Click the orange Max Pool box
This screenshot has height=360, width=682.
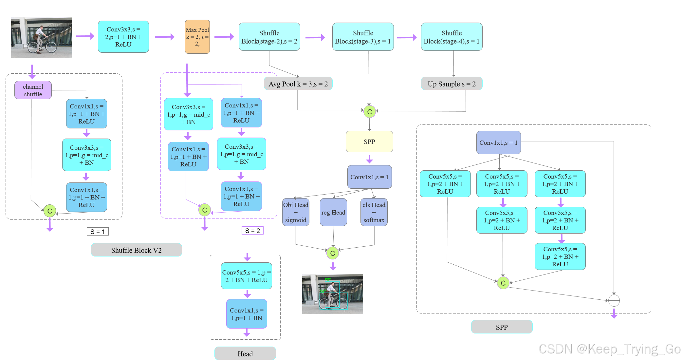click(197, 37)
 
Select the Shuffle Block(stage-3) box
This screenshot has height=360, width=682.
click(363, 37)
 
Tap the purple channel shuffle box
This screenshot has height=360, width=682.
click(33, 90)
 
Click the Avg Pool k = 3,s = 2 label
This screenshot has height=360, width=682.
click(298, 84)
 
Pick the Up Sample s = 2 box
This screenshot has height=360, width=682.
click(452, 84)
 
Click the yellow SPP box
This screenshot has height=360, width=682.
click(369, 142)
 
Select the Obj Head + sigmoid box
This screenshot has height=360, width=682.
click(296, 212)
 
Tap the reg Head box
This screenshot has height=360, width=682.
click(333, 212)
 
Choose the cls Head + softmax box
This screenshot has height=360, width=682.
click(374, 212)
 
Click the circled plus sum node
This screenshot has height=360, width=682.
click(614, 300)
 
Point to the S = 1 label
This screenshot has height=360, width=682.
click(98, 232)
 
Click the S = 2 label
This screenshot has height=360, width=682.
click(252, 231)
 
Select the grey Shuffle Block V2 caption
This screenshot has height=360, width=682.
click(136, 250)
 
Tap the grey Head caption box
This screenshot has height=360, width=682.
click(245, 353)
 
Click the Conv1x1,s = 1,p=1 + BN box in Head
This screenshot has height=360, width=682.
click(247, 314)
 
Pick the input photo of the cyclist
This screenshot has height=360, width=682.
click(42, 38)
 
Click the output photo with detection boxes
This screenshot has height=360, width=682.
click(332, 294)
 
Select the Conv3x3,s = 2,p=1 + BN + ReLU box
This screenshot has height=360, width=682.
click(123, 37)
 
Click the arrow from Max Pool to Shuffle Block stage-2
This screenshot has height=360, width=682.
click(224, 37)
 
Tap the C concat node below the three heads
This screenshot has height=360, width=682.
click(333, 253)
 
